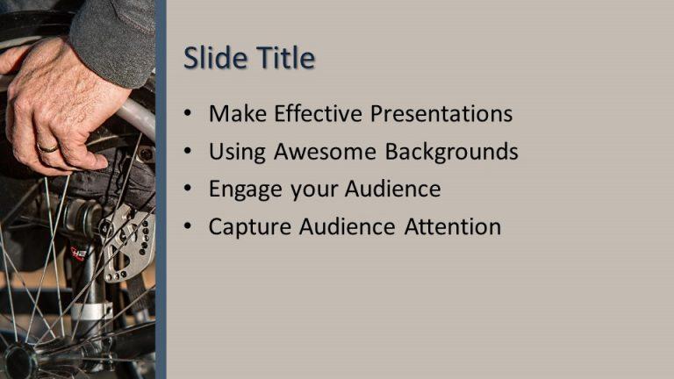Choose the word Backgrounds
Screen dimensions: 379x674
tap(452, 152)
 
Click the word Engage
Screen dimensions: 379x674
tap(240, 189)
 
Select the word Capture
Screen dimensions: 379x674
tap(251, 227)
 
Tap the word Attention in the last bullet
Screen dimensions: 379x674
tap(453, 227)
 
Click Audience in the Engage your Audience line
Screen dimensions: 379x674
tap(392, 189)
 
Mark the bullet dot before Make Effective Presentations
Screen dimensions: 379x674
tap(188, 115)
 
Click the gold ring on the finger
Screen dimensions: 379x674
tap(48, 148)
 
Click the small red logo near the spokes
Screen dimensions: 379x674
tap(78, 254)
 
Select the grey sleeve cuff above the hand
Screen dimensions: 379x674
tap(114, 39)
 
